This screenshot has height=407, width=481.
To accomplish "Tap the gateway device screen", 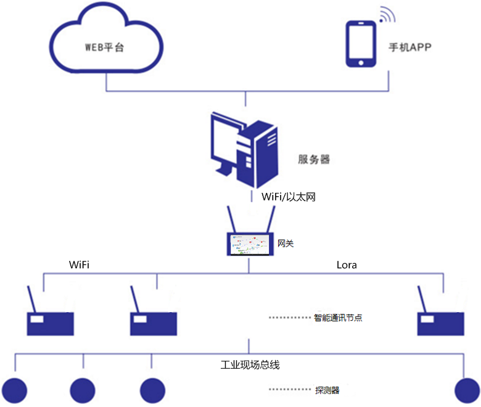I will coord(250,244).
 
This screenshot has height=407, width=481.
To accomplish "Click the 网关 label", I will coord(286,244).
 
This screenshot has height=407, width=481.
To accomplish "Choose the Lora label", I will coord(347,265).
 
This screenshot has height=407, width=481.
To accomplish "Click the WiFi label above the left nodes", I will coord(81,265).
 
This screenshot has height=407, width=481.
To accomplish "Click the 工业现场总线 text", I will coord(250,364).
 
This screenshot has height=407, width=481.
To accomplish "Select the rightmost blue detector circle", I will coord(467,390).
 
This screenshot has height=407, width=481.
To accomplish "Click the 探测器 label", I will coord(327,390).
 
